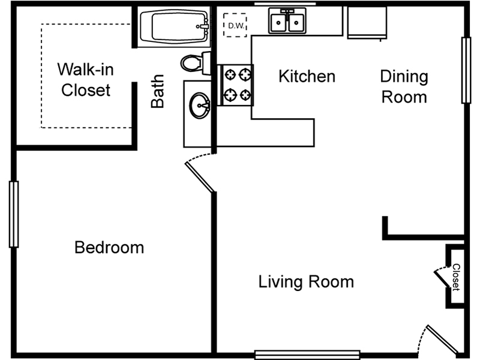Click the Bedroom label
pyautogui.click(x=109, y=247)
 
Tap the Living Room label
pyautogui.click(x=306, y=281)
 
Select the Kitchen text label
pyautogui.click(x=307, y=76)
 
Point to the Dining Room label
pyautogui.click(x=404, y=86)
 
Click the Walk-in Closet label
pyautogui.click(x=85, y=80)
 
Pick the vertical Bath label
pyautogui.click(x=158, y=91)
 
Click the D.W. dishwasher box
pyautogui.click(x=235, y=25)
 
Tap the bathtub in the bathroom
pyautogui.click(x=174, y=26)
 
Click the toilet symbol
pyautogui.click(x=196, y=64)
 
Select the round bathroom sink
pyautogui.click(x=200, y=106)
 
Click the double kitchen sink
pyautogui.click(x=287, y=20)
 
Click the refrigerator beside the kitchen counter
pyautogui.click(x=367, y=23)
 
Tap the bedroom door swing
pyautogui.click(x=199, y=172)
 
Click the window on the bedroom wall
pyautogui.click(x=14, y=214)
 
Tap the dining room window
pyautogui.click(x=466, y=70)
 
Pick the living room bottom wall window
pyautogui.click(x=307, y=355)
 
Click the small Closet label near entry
pyautogui.click(x=456, y=277)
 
